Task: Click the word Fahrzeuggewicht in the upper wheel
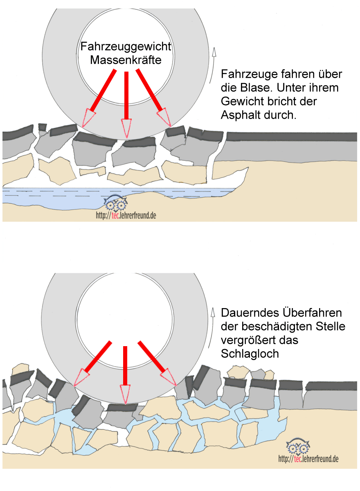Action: pyautogui.click(x=126, y=46)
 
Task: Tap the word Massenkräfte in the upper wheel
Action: pyautogui.click(x=126, y=60)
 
